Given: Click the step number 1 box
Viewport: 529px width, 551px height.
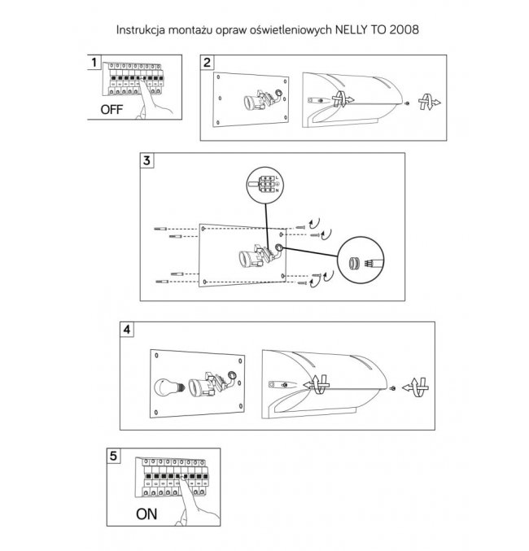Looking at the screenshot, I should (x=95, y=63).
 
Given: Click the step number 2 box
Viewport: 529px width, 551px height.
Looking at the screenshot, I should (x=208, y=63).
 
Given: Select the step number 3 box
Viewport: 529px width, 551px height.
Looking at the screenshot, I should (x=147, y=160).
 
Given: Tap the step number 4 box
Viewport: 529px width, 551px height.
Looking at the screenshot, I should (x=127, y=330).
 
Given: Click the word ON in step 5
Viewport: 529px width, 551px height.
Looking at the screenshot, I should (x=146, y=514).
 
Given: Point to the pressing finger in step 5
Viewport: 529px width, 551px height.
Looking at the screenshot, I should (x=193, y=501).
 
